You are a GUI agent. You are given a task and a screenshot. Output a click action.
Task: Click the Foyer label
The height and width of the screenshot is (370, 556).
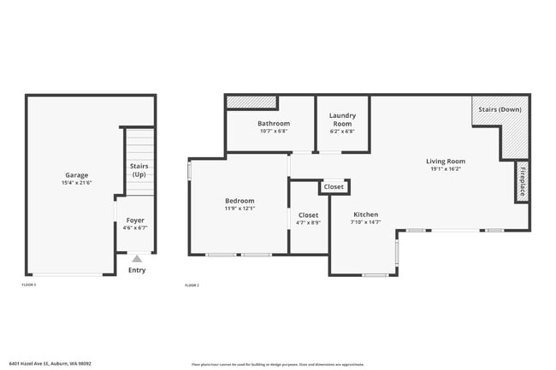[135, 220]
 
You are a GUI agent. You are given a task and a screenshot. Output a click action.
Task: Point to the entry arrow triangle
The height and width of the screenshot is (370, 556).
[136, 257]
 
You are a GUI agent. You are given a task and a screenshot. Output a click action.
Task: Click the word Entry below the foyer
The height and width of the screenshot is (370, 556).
[137, 270]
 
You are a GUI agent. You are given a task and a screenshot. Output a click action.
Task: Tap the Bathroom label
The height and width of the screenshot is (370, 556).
[274, 123]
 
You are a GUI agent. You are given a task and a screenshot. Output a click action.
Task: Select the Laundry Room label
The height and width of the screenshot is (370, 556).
[342, 119]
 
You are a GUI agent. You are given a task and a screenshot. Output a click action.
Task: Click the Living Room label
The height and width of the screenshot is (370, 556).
[445, 161]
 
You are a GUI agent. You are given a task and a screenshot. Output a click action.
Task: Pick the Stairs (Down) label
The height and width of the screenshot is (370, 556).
[500, 109]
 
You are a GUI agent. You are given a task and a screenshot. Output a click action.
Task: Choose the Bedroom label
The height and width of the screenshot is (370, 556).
[239, 201]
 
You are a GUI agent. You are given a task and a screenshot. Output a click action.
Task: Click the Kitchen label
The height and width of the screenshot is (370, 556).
[365, 214]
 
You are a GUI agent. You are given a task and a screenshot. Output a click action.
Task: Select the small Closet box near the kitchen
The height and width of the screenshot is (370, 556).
[334, 186]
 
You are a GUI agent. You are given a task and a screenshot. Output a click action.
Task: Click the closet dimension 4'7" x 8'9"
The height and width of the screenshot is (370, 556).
[308, 223]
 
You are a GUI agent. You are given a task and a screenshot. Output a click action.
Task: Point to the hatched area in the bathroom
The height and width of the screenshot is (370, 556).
[251, 103]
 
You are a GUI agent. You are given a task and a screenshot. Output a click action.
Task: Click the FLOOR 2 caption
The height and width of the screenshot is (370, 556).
[192, 285]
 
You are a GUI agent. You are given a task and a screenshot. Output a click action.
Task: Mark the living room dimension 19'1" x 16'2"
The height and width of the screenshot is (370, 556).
[445, 169]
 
